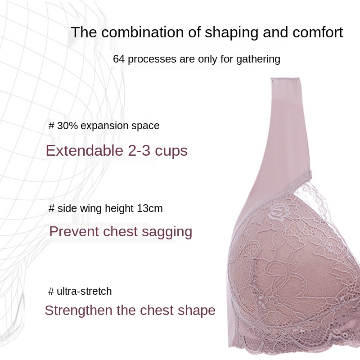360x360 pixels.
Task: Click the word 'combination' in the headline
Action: (142, 32)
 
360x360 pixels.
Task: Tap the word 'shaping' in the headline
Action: (232, 32)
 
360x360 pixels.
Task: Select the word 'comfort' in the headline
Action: (318, 32)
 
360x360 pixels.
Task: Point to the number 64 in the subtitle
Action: (119, 59)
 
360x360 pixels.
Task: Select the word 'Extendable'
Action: (85, 151)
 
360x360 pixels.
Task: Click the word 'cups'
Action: (171, 152)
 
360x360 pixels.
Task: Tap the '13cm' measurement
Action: (150, 208)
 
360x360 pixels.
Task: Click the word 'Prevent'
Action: (74, 231)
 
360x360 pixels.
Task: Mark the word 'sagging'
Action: (167, 232)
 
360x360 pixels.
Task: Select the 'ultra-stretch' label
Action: (84, 291)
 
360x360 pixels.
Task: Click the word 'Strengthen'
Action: (79, 310)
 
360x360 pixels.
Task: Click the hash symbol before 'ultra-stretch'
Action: (51, 291)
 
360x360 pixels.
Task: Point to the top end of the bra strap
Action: (285, 78)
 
